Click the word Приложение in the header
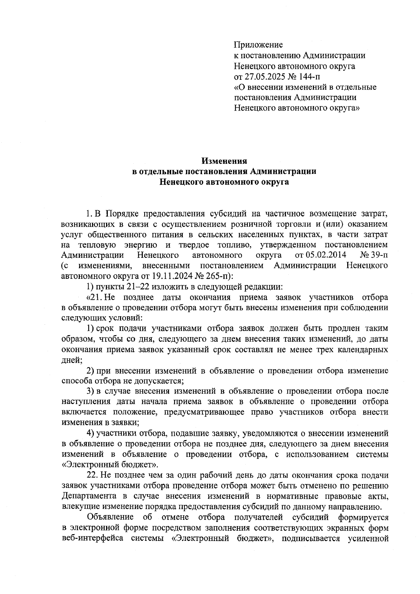coord(258,45)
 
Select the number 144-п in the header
coord(308,76)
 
